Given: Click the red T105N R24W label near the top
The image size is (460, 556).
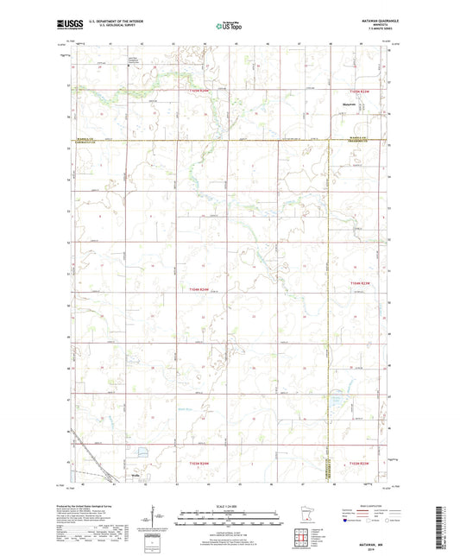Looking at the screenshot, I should click(200, 91).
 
